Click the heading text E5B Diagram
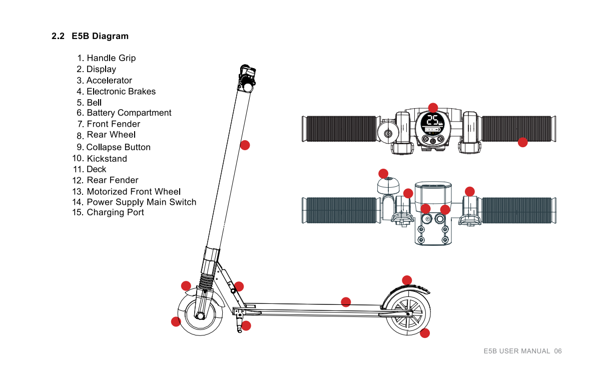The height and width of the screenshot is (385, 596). pyautogui.click(x=100, y=36)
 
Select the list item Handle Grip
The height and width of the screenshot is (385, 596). pyautogui.click(x=106, y=58)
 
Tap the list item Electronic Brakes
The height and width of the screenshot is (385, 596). pyautogui.click(x=116, y=91)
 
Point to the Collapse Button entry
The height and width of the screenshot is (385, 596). pyautogui.click(x=113, y=147)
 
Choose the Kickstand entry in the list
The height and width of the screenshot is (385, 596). pyautogui.click(x=100, y=159)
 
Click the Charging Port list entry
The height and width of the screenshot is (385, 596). pyautogui.click(x=108, y=212)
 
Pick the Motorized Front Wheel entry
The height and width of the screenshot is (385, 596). pyautogui.click(x=126, y=191)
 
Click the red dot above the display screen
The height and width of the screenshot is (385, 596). pyautogui.click(x=433, y=108)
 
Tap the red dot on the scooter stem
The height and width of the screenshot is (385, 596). pyautogui.click(x=245, y=145)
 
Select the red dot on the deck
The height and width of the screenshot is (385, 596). pyautogui.click(x=346, y=302)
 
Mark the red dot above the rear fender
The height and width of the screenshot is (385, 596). pyautogui.click(x=407, y=280)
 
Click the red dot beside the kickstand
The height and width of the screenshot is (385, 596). pyautogui.click(x=246, y=325)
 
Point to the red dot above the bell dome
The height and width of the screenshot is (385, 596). pyautogui.click(x=383, y=174)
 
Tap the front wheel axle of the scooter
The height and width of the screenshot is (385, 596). pyautogui.click(x=200, y=315)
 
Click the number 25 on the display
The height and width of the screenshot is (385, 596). pyautogui.click(x=432, y=120)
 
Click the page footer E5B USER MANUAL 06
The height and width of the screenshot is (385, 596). pyautogui.click(x=522, y=351)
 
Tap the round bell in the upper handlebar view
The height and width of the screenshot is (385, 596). pyautogui.click(x=388, y=133)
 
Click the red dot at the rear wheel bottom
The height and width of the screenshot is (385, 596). pyautogui.click(x=424, y=333)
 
